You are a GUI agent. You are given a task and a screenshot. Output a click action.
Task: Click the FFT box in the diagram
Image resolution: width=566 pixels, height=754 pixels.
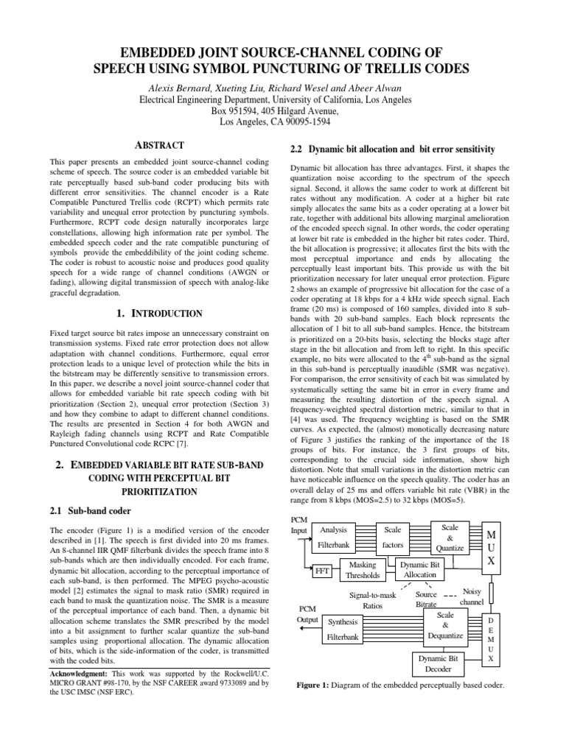(321, 571)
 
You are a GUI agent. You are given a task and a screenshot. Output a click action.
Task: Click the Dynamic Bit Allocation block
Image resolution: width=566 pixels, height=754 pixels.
(419, 569)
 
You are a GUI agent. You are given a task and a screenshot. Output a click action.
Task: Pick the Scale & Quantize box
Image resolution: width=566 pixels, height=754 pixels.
(450, 538)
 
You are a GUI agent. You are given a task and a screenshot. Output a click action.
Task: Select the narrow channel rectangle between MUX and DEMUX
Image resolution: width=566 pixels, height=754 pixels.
(492, 592)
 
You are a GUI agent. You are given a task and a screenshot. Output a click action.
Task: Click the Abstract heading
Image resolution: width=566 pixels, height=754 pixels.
(160, 146)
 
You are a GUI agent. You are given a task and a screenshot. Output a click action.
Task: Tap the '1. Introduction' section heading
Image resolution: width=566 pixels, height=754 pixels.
(160, 314)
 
